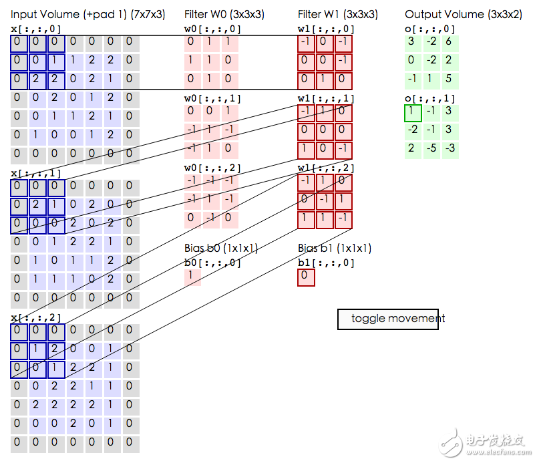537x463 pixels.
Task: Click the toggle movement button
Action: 388,319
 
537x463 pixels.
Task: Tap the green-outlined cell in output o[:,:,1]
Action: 413,113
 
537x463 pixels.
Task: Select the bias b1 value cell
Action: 306,277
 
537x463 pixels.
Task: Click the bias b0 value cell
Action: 192,277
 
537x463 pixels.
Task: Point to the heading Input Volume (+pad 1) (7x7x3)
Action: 87,15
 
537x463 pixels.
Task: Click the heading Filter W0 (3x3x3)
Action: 224,15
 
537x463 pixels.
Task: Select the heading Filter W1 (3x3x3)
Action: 338,15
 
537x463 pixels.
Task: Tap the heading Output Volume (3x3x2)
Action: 464,15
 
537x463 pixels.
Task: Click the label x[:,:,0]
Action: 35,29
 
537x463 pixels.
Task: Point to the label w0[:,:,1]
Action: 212,99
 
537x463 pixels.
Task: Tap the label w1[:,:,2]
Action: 326,168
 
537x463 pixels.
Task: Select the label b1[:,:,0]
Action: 326,263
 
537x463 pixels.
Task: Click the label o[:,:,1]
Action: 430,99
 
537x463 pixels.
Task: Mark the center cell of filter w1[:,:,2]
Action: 325,201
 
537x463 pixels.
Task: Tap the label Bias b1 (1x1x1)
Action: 335,249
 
